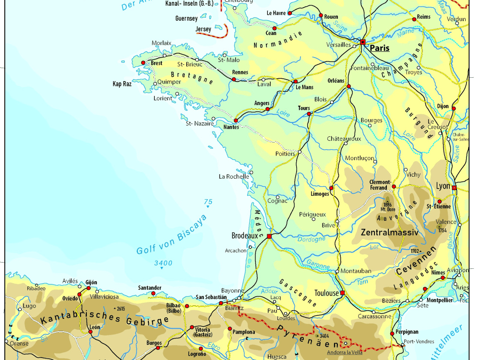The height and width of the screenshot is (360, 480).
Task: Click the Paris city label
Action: click(x=379, y=48)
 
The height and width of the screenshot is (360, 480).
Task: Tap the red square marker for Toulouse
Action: click(x=342, y=293)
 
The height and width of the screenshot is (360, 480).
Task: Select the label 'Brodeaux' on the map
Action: click(x=245, y=236)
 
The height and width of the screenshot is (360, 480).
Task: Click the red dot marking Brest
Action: click(x=143, y=63)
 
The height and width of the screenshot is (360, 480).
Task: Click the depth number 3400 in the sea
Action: click(x=163, y=263)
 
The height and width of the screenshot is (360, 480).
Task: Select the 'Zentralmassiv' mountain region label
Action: click(x=389, y=232)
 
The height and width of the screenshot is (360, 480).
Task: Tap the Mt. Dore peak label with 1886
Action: click(x=387, y=207)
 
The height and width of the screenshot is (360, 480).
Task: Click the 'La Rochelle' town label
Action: click(x=234, y=176)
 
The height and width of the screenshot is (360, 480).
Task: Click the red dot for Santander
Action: click(x=153, y=293)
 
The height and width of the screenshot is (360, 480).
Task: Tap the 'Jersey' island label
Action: click(x=204, y=29)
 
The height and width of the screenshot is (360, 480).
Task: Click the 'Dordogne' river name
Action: click(x=311, y=239)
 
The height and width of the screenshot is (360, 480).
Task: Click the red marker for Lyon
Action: click(x=454, y=188)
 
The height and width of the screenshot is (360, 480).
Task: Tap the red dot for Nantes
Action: click(x=236, y=121)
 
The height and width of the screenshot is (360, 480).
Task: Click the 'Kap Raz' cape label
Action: click(x=122, y=84)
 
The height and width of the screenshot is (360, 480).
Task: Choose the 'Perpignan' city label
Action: click(x=407, y=332)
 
